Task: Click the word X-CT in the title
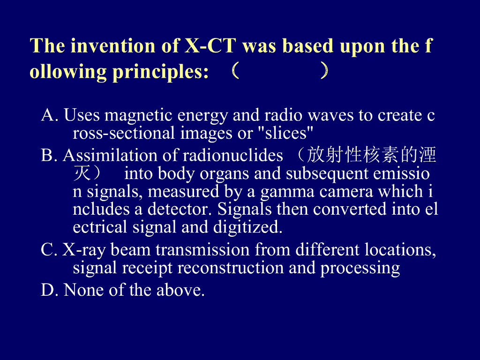(x=210, y=46)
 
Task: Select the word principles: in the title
(x=161, y=73)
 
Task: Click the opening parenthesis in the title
(x=235, y=71)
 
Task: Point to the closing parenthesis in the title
(x=324, y=71)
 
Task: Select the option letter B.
(x=49, y=155)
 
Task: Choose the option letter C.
(x=49, y=250)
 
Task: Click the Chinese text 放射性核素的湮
(x=371, y=155)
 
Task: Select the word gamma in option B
(x=287, y=192)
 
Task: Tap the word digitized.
(x=247, y=228)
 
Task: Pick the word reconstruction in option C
(x=231, y=268)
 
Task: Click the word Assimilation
(x=110, y=155)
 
